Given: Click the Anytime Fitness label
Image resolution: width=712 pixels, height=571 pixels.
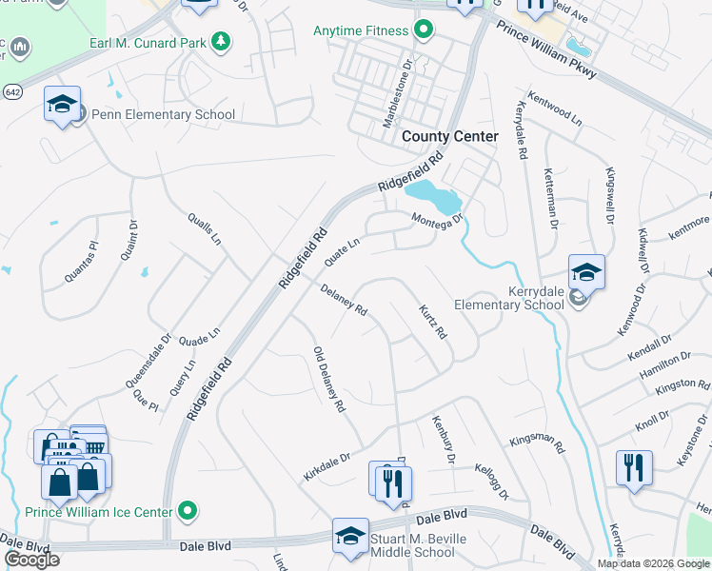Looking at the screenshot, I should [x=361, y=31].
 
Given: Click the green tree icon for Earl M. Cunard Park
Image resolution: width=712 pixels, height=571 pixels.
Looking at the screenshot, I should [x=221, y=40].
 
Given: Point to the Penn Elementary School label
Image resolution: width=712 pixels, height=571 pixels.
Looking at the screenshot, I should [x=163, y=115].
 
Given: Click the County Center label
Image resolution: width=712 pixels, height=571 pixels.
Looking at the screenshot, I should [x=449, y=137].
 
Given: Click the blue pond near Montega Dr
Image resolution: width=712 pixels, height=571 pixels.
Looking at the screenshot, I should [x=434, y=198].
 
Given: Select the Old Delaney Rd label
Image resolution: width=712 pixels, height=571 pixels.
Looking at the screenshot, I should [x=328, y=381].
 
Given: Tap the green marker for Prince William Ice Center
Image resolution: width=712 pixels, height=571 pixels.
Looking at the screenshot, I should [x=188, y=512].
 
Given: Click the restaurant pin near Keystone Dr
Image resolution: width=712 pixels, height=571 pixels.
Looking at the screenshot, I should [x=634, y=469].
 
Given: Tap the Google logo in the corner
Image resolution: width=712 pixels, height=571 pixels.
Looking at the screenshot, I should [x=31, y=560].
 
